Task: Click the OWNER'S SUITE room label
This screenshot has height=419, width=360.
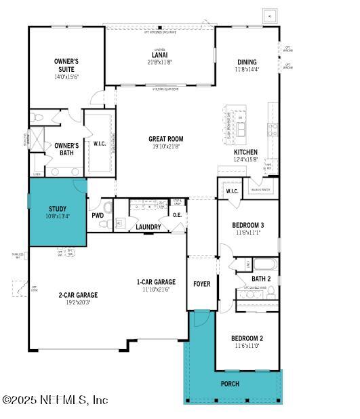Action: pos(66,65)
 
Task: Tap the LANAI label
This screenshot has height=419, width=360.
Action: pos(161,54)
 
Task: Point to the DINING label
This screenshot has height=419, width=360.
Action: pos(247,61)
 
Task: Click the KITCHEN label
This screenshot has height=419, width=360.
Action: pos(246,152)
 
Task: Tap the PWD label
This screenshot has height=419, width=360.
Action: pos(98,215)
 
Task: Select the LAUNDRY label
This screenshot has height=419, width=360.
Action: pos(148,227)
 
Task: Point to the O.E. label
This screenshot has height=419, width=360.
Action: pos(177,215)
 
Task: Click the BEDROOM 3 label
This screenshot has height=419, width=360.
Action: pos(247,225)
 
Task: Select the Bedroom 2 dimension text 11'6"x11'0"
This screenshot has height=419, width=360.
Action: pos(247,346)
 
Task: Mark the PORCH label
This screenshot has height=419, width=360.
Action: pos(231,384)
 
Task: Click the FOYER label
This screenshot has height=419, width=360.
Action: pos(202,284)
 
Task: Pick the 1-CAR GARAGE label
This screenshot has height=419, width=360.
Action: pos(156,282)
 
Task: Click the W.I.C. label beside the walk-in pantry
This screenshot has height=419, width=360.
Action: pos(231,192)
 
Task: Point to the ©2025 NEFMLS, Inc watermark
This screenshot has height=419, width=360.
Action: pos(55,400)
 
